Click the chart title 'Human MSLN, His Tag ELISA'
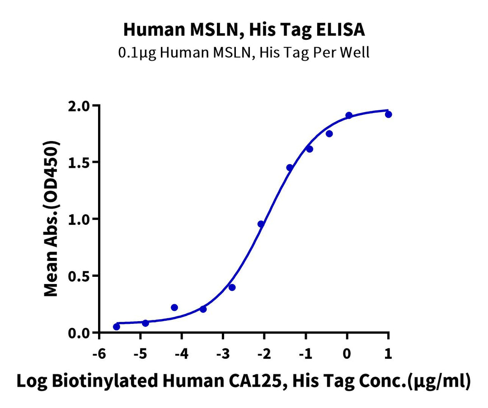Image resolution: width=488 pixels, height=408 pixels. [x=244, y=30]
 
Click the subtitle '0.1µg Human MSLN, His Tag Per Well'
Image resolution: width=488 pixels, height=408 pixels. [x=244, y=53]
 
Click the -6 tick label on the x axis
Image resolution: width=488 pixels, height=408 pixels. [x=99, y=353]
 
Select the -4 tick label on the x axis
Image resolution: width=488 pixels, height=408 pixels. [x=181, y=353]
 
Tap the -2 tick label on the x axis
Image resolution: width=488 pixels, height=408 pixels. [x=264, y=353]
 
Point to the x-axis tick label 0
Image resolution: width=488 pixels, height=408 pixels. [x=347, y=353]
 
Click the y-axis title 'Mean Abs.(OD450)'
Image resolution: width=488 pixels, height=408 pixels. [x=52, y=219]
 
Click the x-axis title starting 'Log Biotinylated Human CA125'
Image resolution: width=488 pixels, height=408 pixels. [x=244, y=382]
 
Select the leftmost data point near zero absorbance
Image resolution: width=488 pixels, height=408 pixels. [x=117, y=327]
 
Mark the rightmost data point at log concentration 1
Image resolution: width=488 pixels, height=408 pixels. [x=388, y=114]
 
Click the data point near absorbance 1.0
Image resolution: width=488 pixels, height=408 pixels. [x=261, y=224]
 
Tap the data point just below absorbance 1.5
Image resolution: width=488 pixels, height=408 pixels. [x=290, y=167]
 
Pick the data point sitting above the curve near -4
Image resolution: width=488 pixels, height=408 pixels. [x=174, y=308]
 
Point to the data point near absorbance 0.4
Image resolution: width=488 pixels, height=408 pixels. [x=232, y=287]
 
